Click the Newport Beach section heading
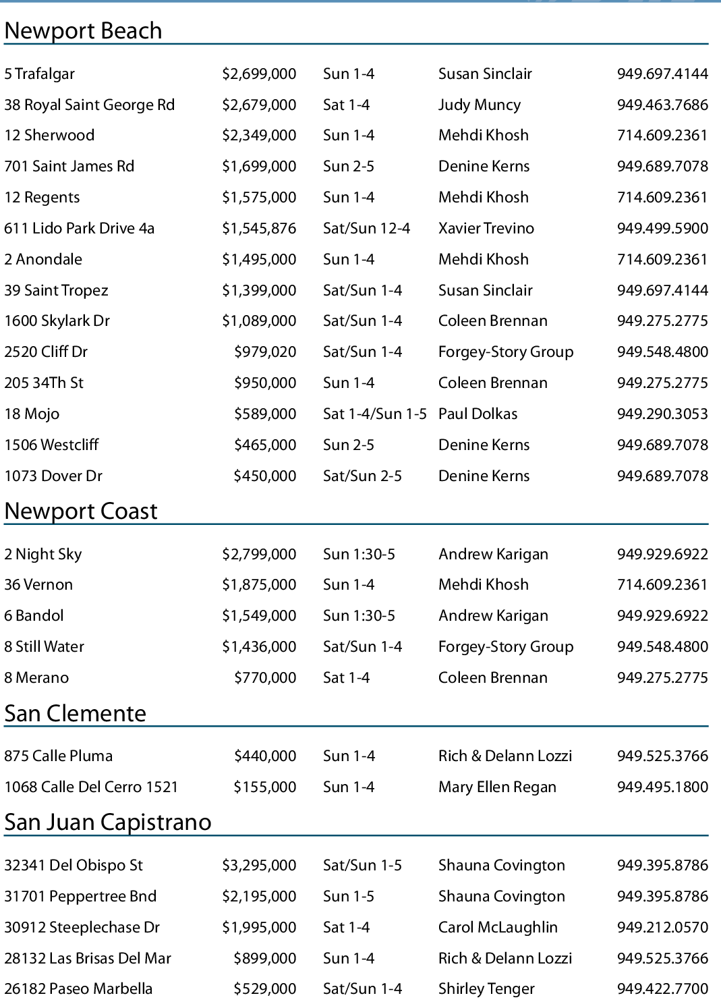point(83,31)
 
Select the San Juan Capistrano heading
point(108,822)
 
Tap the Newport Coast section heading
point(81,511)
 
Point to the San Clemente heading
point(75,714)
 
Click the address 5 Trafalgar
point(39,74)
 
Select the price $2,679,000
point(259,105)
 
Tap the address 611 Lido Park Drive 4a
point(79,229)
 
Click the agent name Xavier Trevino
point(486,229)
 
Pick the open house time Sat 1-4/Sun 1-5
point(374,414)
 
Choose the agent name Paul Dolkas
point(478,414)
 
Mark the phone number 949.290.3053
point(662,414)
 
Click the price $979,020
point(265,352)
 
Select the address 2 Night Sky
point(42,555)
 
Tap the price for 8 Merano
point(265,678)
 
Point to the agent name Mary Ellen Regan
point(497,787)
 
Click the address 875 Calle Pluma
point(58,756)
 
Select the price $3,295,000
point(259,866)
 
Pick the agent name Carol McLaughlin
point(498,928)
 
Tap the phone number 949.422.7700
point(662,989)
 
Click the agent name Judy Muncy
point(479,105)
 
